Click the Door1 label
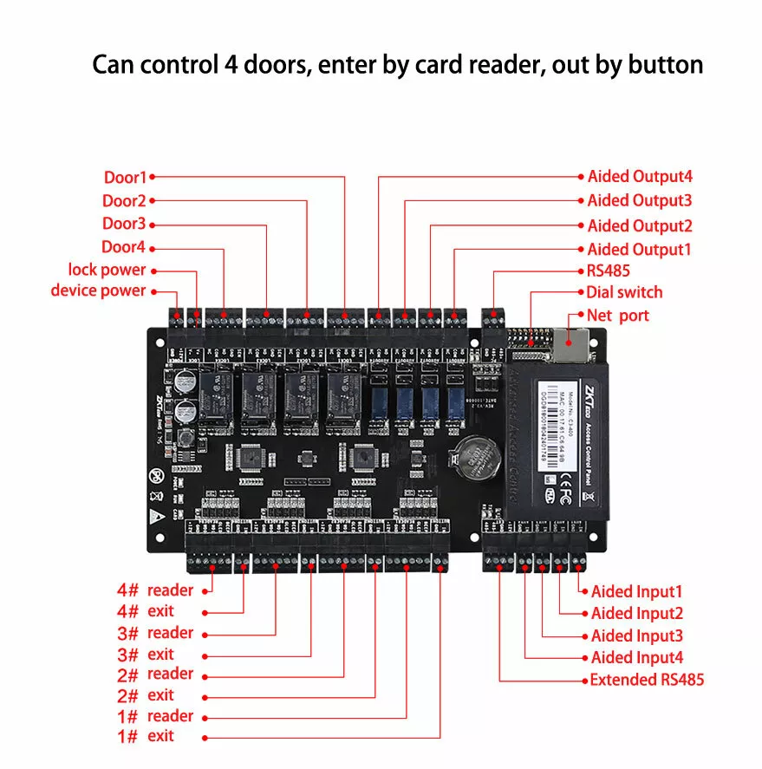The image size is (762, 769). (126, 178)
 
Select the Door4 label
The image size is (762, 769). (124, 247)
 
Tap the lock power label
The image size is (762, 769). (107, 270)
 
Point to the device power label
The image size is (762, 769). (98, 290)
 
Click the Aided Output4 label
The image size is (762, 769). (640, 177)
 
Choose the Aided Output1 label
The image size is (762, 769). (640, 250)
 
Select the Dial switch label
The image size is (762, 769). (624, 292)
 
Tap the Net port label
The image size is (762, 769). (617, 315)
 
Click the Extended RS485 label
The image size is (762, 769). (647, 680)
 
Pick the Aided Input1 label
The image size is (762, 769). (637, 592)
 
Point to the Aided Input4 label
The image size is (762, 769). (637, 658)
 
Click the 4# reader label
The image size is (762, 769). (155, 590)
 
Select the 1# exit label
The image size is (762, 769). (146, 736)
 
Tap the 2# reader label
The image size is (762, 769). (155, 674)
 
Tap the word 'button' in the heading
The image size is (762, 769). (660, 65)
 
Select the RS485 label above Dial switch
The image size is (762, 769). (609, 271)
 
